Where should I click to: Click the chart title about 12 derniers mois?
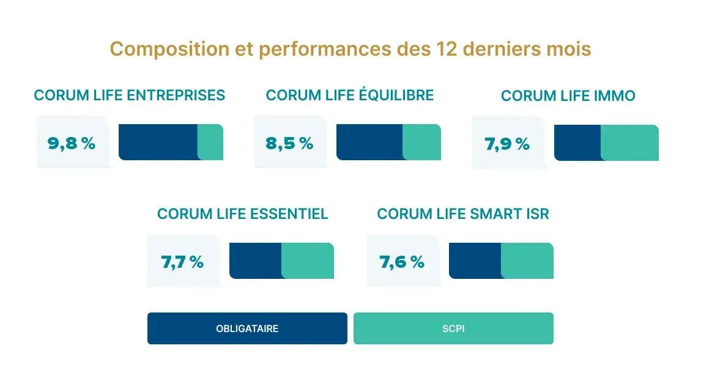click(x=350, y=49)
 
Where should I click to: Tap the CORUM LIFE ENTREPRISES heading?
click(x=130, y=95)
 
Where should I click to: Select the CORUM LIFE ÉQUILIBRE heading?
click(x=350, y=95)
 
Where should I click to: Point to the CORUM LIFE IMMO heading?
click(x=568, y=96)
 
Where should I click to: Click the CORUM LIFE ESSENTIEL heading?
click(x=243, y=214)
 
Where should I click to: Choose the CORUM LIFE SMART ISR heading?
click(x=463, y=214)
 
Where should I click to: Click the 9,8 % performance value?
click(x=72, y=143)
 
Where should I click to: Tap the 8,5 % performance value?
click(x=289, y=143)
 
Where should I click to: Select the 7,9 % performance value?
click(x=507, y=144)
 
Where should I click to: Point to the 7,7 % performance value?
click(x=182, y=262)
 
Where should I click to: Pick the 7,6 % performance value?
click(x=402, y=262)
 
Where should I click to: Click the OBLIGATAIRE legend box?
click(x=247, y=328)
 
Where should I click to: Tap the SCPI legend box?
click(x=453, y=328)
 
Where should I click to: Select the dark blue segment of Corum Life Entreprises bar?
click(x=158, y=142)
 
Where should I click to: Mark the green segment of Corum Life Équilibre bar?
click(x=422, y=142)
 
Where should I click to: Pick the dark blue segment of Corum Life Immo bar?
click(x=577, y=143)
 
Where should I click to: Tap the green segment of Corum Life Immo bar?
click(x=630, y=143)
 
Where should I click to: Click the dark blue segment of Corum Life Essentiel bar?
click(x=255, y=261)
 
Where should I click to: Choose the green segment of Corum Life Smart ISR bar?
click(x=527, y=261)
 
